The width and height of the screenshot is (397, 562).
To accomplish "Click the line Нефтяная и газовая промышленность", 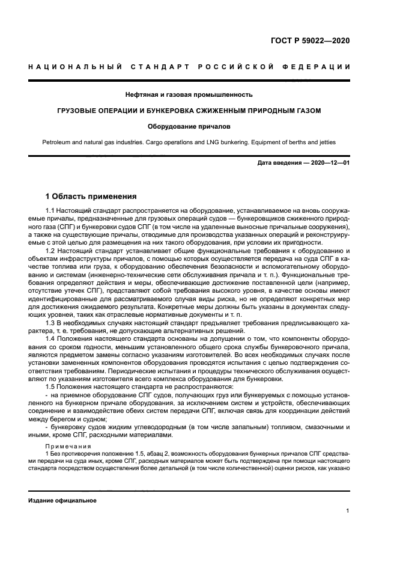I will click(189, 94).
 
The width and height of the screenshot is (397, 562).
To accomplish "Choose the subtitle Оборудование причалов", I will click(189, 127).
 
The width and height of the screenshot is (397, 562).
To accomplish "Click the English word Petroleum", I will click(56, 142).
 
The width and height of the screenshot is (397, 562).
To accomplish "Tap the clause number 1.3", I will click(50, 322).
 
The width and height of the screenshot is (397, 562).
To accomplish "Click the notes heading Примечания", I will click(67, 446).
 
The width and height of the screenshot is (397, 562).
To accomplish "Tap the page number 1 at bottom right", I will click(348, 511).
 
